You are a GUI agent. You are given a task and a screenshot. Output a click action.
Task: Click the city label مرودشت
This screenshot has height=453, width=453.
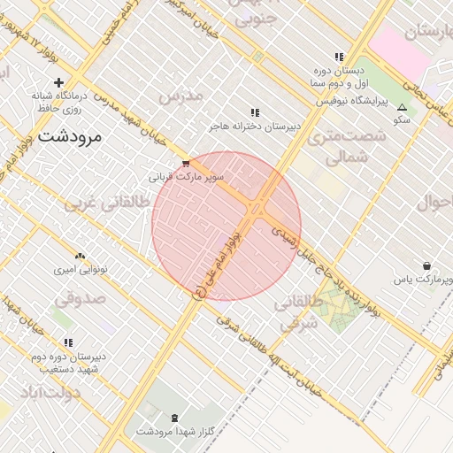click(x=70, y=136)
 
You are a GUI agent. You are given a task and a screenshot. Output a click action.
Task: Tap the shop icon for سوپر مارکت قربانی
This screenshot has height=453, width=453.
click(x=186, y=164)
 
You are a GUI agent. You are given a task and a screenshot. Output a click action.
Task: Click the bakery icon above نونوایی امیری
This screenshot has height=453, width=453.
click(x=80, y=257)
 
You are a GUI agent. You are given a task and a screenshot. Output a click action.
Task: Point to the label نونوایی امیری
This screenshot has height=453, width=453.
click(x=81, y=268)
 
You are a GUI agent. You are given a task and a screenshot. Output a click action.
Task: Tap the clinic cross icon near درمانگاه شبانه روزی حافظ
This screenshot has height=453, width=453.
click(x=58, y=82)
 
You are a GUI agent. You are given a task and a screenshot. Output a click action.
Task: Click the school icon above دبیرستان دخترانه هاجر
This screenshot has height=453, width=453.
click(x=255, y=112)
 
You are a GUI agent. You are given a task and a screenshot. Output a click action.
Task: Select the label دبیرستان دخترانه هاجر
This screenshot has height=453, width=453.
click(x=255, y=127)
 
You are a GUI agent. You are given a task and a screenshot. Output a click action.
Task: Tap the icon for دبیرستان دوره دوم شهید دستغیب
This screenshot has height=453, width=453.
click(x=68, y=342)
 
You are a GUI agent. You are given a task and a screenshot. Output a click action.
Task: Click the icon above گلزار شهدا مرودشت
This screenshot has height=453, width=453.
click(x=173, y=418)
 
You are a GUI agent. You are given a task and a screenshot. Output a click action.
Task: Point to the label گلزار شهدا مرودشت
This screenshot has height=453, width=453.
click(x=173, y=432)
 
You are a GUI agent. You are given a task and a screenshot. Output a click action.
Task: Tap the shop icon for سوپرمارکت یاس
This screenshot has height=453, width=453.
click(x=427, y=265)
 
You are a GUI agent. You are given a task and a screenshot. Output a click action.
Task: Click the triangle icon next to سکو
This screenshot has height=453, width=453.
click(x=402, y=106)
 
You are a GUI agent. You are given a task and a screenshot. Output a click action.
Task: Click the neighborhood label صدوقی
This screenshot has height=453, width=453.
click(x=84, y=298)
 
